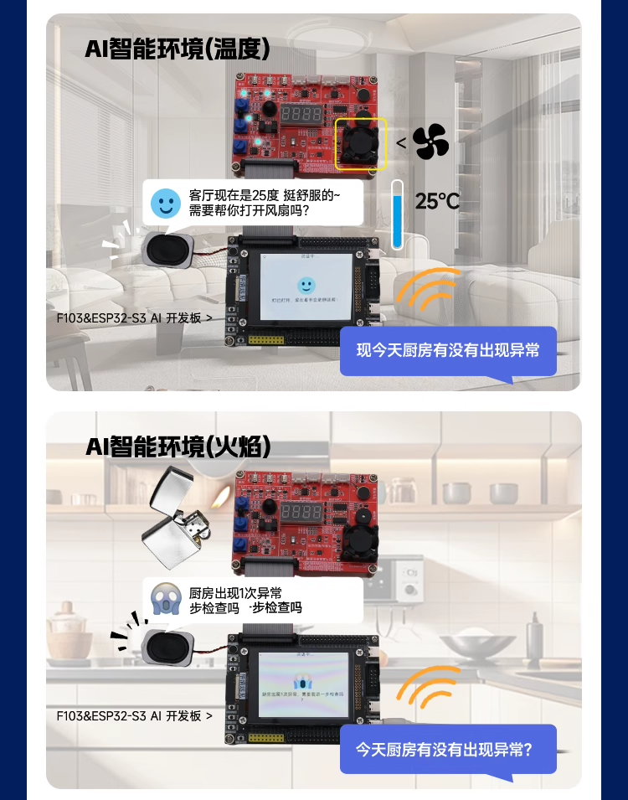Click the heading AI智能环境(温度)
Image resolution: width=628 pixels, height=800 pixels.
[178, 49]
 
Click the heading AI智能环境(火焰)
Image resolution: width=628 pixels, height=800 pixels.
[178, 447]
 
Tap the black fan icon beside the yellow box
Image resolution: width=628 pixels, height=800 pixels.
[431, 142]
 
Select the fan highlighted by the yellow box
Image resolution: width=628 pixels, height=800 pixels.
[361, 142]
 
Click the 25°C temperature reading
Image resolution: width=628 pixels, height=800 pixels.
[438, 201]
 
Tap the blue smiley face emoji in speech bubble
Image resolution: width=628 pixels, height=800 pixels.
[166, 203]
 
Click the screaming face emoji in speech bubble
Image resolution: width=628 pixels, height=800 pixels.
[166, 599]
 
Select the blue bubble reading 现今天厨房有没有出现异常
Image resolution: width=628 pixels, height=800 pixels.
[448, 350]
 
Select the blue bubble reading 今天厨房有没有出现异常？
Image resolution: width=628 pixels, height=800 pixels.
[448, 749]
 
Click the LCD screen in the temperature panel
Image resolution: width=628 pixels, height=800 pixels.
[306, 287]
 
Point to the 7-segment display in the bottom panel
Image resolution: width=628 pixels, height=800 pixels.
[301, 512]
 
